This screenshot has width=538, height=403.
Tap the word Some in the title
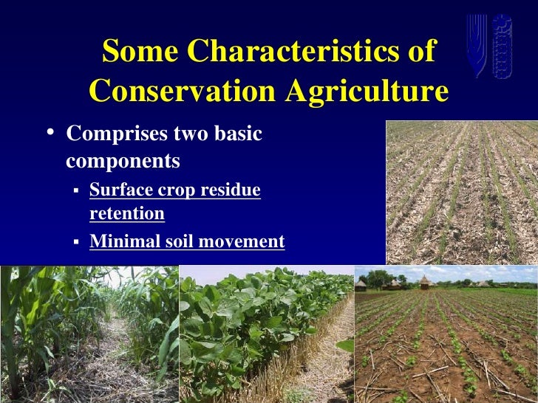pos(140,51)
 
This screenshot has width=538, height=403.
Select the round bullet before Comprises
pos(49,134)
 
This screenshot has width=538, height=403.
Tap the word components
pos(123,160)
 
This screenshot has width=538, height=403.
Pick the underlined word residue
pos(235,190)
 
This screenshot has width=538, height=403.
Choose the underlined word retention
pos(126,213)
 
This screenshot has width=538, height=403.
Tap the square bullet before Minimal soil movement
pos(75,241)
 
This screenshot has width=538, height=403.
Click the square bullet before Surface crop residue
pos(75,190)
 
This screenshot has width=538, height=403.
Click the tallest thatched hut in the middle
pos(426,281)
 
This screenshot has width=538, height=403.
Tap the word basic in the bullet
pos(237,135)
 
